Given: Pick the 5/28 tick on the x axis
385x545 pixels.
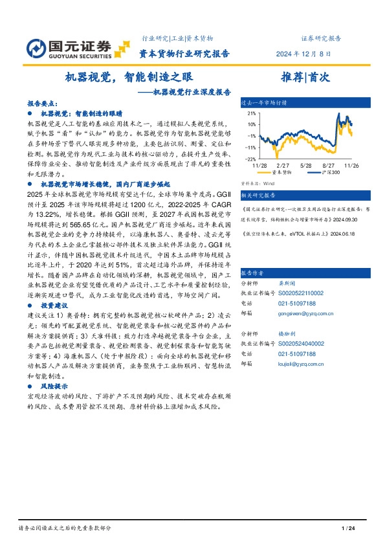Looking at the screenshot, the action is (x=306, y=166).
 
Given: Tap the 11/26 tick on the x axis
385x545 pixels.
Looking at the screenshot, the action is (x=352, y=166).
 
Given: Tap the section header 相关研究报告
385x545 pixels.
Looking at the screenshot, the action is (x=258, y=195).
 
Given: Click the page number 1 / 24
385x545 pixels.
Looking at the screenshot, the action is (x=349, y=529).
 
